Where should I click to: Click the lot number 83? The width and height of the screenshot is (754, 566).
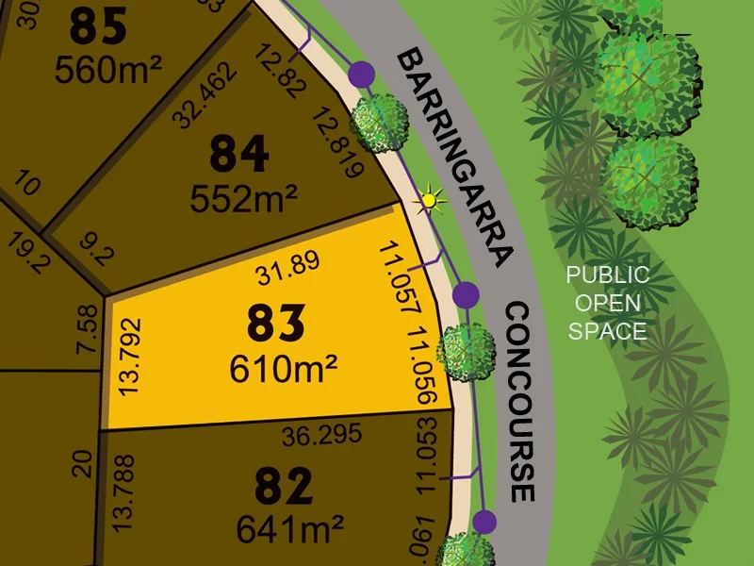pos(276,325)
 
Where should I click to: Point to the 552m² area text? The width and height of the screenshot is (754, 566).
pos(244,198)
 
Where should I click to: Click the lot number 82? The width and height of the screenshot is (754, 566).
pos(284,488)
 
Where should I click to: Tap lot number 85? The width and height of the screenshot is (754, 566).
pos(98,27)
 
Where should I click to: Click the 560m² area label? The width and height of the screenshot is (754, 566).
pos(108,68)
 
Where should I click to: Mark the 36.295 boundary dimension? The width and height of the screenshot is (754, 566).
pos(314,437)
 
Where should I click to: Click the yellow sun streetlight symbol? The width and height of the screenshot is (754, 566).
pos(431,200)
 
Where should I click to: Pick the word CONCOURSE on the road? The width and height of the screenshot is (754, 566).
pos(519,402)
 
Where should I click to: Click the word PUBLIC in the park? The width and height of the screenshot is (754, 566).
pos(607,275)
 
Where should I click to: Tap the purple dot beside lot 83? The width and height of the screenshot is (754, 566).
pos(465,295)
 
